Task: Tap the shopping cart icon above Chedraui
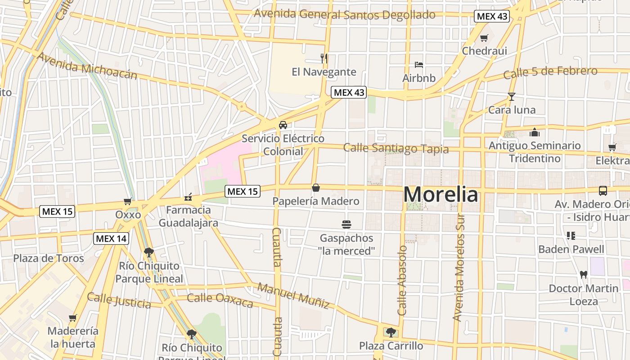(x=484, y=38)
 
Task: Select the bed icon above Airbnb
(x=419, y=65)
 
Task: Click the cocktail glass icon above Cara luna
(x=512, y=96)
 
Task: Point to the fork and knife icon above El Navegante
(x=324, y=58)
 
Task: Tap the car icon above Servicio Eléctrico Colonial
(x=283, y=125)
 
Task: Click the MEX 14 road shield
(x=111, y=238)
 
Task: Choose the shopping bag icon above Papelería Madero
(x=316, y=188)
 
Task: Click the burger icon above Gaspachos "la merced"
(x=346, y=224)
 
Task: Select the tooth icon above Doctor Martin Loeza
(x=584, y=274)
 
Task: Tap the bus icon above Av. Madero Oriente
(x=603, y=191)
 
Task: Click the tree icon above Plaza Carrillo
(x=391, y=333)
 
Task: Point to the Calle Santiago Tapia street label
(x=396, y=148)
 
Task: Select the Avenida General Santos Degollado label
(x=345, y=14)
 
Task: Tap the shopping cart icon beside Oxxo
(x=128, y=201)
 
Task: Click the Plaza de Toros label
(x=49, y=258)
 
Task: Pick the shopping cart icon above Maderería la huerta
(x=72, y=318)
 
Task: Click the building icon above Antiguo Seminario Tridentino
(x=535, y=132)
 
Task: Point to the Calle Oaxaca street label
(x=220, y=300)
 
